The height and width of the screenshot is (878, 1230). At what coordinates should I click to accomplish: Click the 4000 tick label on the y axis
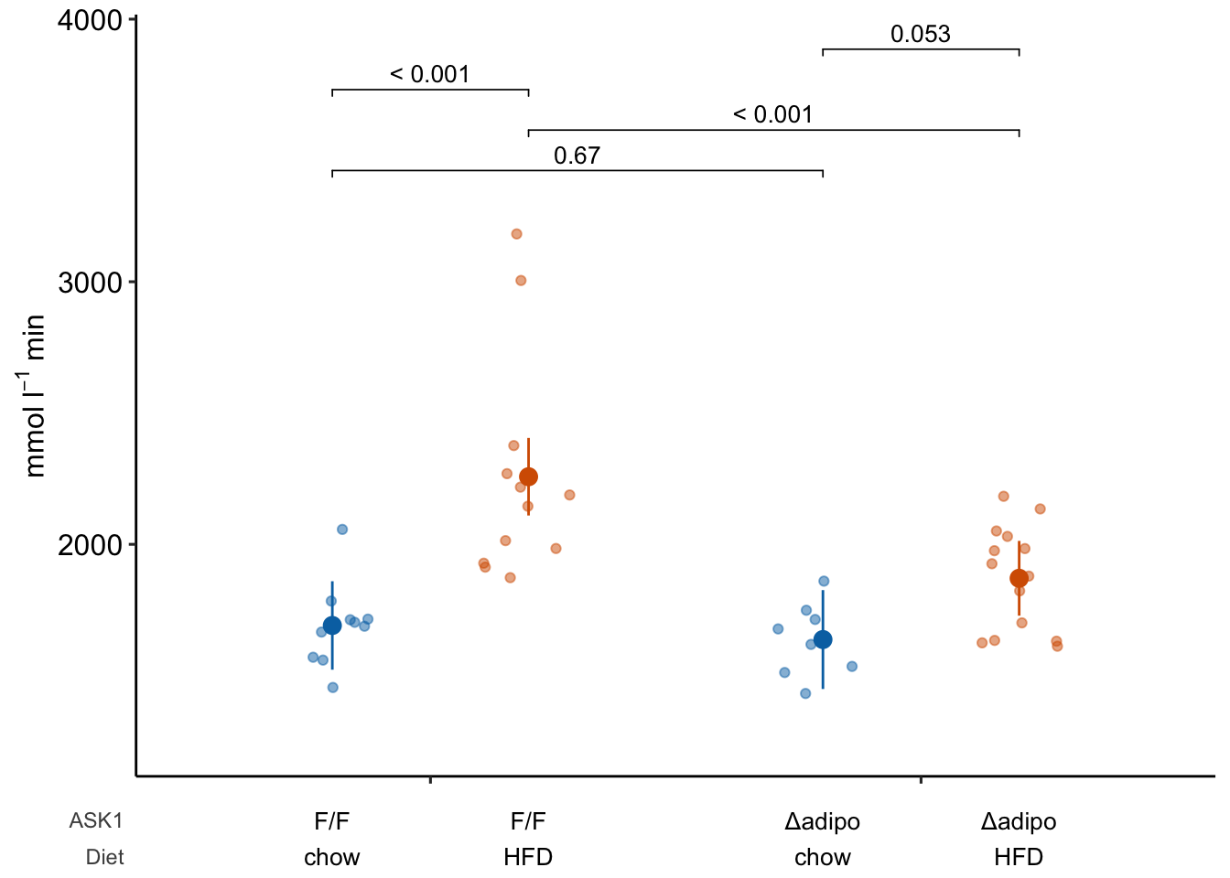point(90,20)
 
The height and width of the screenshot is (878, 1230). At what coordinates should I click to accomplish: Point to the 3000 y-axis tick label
point(90,283)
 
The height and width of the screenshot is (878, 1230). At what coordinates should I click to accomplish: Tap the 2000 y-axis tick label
point(90,545)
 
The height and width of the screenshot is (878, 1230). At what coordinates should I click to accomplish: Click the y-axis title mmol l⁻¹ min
point(35,396)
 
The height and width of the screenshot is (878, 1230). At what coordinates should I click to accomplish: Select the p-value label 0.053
point(921,35)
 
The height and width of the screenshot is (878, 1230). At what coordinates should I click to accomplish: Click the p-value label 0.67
point(577,156)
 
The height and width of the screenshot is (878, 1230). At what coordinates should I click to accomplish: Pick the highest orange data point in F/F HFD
point(516,234)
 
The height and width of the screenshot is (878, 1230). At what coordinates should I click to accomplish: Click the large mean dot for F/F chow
point(332,626)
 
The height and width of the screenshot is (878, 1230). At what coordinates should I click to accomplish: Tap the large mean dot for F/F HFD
point(528,476)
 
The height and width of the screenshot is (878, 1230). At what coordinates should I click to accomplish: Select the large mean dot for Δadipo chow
point(823,639)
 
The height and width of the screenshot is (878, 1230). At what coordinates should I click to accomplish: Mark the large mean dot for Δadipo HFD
point(1019,578)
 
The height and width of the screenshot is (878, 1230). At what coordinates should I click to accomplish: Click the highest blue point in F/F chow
point(342,530)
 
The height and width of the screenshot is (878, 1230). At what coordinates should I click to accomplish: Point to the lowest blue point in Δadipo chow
point(805,693)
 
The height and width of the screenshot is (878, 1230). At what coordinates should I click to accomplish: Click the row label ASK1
point(96,821)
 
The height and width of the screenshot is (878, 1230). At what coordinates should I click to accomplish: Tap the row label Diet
point(104,858)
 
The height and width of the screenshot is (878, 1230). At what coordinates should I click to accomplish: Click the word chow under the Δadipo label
point(823,858)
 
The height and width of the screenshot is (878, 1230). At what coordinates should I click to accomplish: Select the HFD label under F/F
point(528,858)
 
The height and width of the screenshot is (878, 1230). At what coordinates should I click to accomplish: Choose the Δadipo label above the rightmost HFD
point(1019,821)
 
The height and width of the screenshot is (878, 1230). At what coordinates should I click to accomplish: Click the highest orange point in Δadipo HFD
point(1003,497)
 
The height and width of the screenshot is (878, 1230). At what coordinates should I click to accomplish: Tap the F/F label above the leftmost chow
point(332,821)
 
